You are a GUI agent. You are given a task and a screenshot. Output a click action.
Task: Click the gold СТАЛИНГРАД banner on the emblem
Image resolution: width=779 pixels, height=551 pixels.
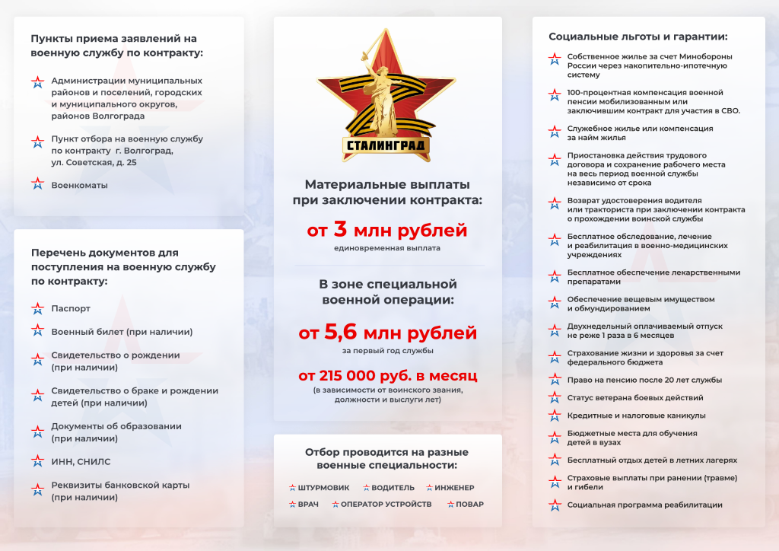tap(386, 145)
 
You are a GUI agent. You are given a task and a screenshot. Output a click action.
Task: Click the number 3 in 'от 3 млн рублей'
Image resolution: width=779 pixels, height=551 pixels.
tap(340, 229)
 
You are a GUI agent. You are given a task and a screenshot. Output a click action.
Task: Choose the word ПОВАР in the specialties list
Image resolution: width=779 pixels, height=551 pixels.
tap(469, 504)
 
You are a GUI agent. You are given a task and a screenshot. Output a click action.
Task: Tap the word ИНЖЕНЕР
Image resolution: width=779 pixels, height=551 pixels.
tap(454, 488)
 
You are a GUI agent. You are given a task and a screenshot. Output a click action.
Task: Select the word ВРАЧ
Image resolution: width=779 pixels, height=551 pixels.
tap(308, 504)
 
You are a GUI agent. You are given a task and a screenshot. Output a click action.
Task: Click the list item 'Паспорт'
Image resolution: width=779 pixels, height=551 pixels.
tap(71, 308)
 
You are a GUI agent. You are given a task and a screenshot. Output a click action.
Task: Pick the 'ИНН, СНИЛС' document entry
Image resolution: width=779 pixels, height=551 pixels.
tap(81, 461)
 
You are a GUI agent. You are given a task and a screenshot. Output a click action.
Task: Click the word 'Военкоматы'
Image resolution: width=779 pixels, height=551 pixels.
tap(80, 185)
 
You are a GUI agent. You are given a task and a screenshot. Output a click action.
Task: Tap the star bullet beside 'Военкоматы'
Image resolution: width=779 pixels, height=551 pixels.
tap(37, 183)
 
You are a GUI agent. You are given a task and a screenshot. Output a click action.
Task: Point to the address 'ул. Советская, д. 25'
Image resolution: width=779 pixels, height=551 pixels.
tap(94, 162)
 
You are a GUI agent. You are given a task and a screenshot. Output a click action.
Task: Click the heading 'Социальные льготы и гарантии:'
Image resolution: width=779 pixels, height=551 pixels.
tap(638, 37)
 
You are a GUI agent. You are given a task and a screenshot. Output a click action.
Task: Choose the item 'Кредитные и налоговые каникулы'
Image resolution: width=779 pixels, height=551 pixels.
tap(636, 416)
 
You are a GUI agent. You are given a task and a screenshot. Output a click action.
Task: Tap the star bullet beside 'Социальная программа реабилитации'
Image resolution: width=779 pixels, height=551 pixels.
tap(554, 505)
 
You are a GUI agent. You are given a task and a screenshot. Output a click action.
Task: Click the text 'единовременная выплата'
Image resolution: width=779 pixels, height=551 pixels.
tap(386, 248)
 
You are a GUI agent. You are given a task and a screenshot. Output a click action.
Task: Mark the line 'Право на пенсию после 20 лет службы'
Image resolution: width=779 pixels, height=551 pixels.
tap(644, 380)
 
